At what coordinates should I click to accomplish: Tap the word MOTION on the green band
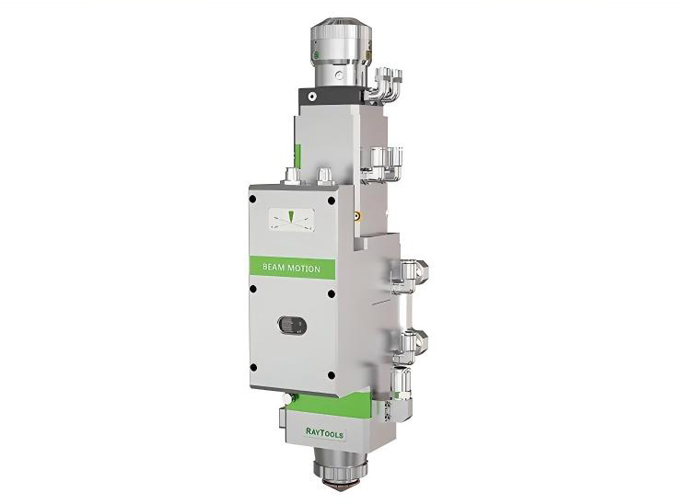[303, 269]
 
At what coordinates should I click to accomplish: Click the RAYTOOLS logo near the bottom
[325, 432]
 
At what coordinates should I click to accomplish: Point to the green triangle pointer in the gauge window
[290, 216]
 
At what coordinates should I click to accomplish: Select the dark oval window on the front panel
[292, 326]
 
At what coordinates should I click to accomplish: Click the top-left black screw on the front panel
[252, 199]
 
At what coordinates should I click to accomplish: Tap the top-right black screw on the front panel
[332, 200]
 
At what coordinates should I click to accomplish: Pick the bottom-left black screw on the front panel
[253, 368]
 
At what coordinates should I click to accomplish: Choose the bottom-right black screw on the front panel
[332, 375]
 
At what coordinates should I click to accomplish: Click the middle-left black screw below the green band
[252, 289]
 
